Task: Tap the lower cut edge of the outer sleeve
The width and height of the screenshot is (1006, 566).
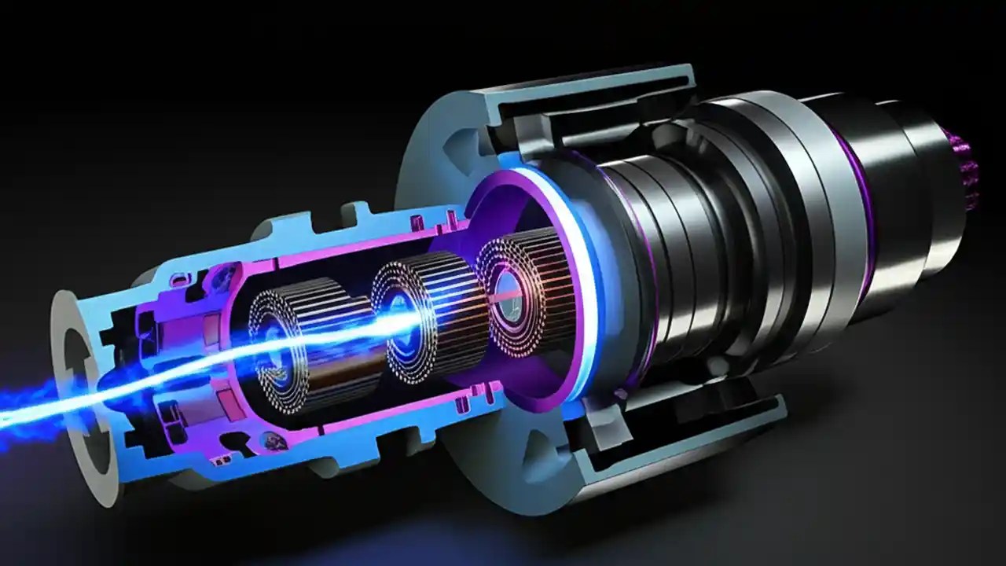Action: click(676, 448)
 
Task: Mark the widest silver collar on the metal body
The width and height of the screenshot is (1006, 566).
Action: click(786, 204)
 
